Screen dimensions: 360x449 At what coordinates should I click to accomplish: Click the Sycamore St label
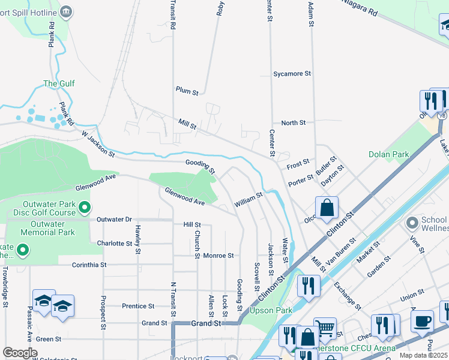point(292,74)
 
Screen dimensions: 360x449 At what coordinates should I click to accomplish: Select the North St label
point(294,123)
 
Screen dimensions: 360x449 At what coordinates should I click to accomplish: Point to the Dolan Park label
point(388,154)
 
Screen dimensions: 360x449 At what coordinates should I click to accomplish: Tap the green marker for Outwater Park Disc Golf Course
point(85,208)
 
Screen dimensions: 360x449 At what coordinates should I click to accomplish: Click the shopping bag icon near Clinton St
point(327,208)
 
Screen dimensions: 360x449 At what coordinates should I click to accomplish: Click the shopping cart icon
point(325,328)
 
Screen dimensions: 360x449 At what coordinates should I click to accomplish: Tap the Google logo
point(20,353)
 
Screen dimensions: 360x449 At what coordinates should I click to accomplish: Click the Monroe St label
point(218,256)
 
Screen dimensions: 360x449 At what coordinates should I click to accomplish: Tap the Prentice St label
point(138,306)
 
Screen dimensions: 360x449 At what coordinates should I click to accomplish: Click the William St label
point(249,200)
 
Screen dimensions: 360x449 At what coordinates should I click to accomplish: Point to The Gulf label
point(59,84)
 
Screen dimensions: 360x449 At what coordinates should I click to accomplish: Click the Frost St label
point(298,163)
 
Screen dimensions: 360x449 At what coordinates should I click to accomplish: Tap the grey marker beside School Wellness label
point(411,223)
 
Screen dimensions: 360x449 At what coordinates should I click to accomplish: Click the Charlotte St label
point(114,244)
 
